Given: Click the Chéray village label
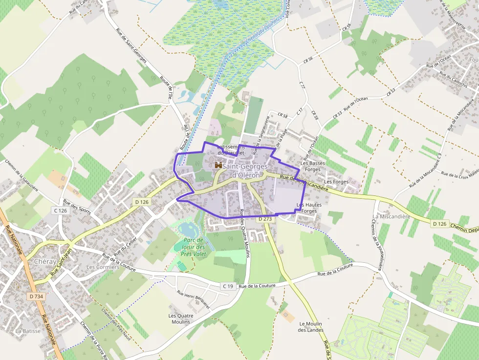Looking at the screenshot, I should click(x=45, y=261).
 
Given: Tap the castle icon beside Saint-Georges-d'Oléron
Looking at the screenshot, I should click(x=218, y=166).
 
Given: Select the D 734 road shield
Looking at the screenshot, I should click(x=36, y=296).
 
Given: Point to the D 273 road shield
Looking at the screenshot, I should click(x=264, y=219).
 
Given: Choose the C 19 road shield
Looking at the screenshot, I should click(x=227, y=286).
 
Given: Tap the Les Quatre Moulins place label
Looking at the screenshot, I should click(x=181, y=318).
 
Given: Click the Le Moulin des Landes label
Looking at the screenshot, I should click(x=311, y=327).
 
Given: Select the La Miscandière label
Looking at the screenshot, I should click(x=391, y=216).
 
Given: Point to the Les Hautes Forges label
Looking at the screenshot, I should click(x=306, y=208).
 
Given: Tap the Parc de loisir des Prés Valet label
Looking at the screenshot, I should click(x=191, y=247).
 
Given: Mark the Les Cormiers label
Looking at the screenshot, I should click(x=103, y=267).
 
